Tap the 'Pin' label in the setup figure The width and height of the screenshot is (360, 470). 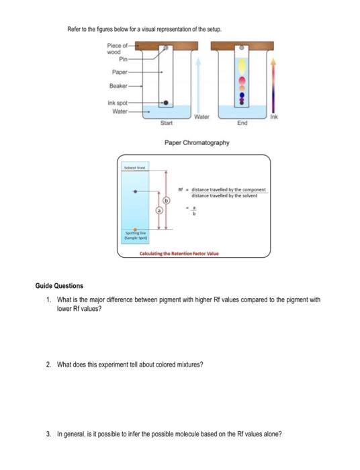click(x=124, y=58)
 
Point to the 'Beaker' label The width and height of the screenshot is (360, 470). click(x=118, y=87)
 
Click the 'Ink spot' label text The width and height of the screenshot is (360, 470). click(x=117, y=103)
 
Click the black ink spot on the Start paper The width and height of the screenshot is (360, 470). click(x=165, y=103)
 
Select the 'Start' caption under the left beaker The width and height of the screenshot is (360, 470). click(x=166, y=124)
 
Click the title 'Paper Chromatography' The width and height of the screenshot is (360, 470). click(x=197, y=143)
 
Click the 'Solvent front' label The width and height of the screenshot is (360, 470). click(x=134, y=165)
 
